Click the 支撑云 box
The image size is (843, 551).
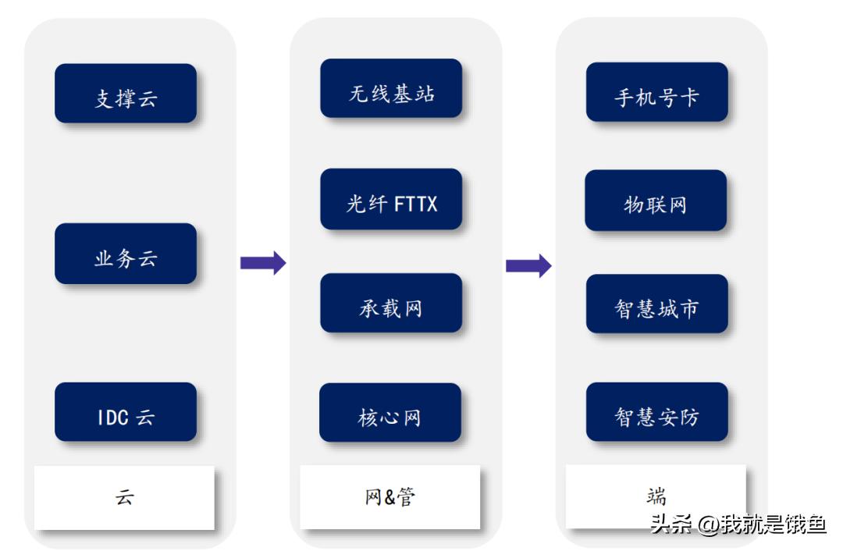coord(125,94)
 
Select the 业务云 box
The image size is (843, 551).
coord(125,254)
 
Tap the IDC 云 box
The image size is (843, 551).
coord(125,412)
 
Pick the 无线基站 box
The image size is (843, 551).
coord(391,89)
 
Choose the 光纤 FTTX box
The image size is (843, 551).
coord(391,199)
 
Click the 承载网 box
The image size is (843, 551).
coord(391,304)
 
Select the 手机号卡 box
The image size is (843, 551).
coord(656,93)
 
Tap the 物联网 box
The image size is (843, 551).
coord(656,201)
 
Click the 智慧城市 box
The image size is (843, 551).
coord(656,304)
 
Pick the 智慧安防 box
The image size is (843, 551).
coord(656,412)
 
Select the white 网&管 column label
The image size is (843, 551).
coord(390,496)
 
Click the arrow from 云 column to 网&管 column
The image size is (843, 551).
coord(262,263)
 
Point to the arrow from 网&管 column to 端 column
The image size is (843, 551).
coord(528,265)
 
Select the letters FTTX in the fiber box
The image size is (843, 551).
coord(415,204)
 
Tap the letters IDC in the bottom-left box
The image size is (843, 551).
coord(112,418)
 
